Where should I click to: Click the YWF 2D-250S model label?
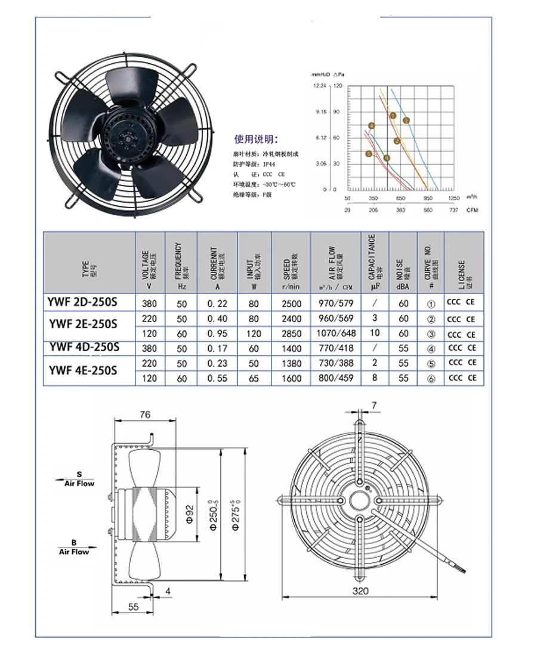82,302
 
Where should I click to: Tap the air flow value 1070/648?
337,333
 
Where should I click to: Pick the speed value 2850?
291,333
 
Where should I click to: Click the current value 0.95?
217,333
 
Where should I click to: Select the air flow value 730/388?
337,363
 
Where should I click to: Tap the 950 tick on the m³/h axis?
427,197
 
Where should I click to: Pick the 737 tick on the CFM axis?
453,210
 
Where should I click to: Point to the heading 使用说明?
255,140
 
